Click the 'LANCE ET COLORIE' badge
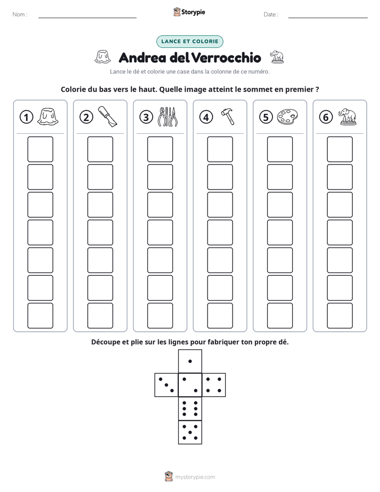189,42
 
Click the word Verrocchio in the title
226,58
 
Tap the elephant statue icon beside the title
277,57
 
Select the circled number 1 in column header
26,117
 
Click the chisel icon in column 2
108,116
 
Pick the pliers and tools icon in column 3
168,117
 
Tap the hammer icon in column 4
228,117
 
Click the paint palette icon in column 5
287,117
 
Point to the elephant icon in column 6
348,117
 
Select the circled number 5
266,117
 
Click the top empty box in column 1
40,149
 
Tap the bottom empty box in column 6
340,315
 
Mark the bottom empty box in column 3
160,315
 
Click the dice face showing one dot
190,361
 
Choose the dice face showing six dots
190,408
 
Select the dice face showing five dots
190,432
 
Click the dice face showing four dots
214,385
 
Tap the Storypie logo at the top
189,12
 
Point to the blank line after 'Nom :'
87,18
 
